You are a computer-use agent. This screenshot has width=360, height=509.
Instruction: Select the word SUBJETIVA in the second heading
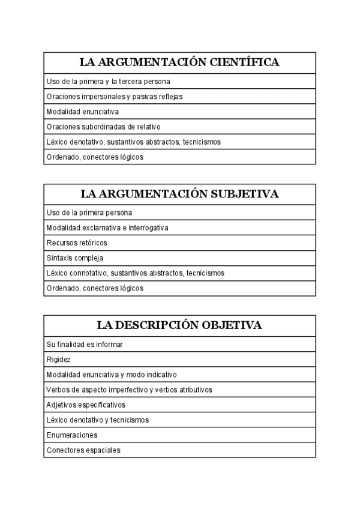pyautogui.click(x=243, y=194)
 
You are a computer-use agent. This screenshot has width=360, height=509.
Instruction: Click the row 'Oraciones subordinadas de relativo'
pyautogui.click(x=103, y=127)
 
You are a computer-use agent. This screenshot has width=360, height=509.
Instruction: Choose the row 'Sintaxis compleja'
pyautogui.click(x=74, y=258)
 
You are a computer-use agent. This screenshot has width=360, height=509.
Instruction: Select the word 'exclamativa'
pyautogui.click(x=101, y=228)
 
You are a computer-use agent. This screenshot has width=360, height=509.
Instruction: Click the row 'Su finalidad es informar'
pyautogui.click(x=85, y=345)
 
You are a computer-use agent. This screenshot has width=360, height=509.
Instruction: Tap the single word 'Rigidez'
pyautogui.click(x=58, y=360)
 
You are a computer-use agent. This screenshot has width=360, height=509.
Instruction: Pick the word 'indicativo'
pyautogui.click(x=161, y=375)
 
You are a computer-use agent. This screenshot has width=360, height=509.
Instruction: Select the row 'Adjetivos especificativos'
pyautogui.click(x=85, y=405)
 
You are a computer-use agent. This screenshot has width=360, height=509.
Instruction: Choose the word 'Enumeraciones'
pyautogui.click(x=71, y=435)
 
